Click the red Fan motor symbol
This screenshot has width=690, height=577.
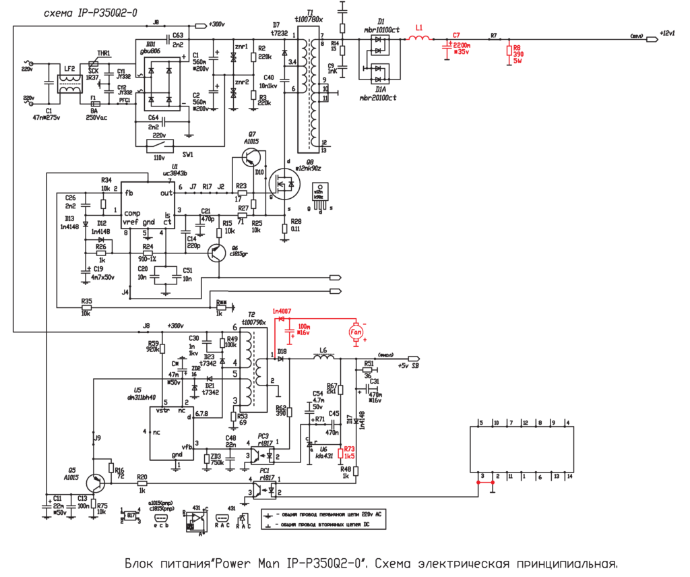(354, 331)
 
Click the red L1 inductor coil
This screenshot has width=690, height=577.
(420, 38)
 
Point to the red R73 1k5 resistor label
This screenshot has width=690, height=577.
(349, 452)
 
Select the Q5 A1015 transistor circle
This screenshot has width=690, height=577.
(98, 482)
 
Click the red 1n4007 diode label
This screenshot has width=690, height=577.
(282, 311)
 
